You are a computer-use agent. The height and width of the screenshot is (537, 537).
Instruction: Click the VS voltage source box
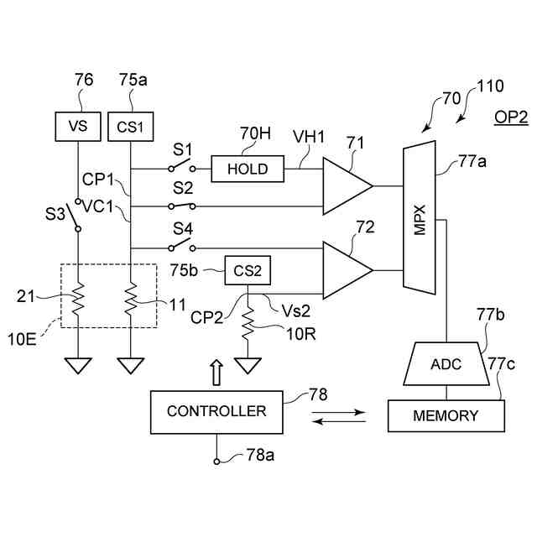(78, 127)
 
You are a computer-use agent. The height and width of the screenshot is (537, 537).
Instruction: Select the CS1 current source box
(131, 127)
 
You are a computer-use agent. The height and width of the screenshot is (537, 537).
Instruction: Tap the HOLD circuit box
(248, 169)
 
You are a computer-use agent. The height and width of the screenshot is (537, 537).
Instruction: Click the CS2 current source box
(248, 270)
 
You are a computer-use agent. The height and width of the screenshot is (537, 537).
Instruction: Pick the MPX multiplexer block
(420, 218)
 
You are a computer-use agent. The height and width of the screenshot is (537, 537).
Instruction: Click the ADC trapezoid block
(446, 363)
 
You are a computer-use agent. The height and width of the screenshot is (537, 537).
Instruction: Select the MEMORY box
(446, 416)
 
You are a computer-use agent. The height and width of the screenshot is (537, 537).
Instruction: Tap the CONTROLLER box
(216, 412)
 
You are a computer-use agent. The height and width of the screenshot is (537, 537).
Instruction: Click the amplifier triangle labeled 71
(347, 186)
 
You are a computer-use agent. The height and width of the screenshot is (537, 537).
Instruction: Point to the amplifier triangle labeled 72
(347, 270)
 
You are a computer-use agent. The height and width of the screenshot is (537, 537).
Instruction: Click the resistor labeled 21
(78, 299)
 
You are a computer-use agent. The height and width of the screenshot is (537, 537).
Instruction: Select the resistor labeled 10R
(248, 323)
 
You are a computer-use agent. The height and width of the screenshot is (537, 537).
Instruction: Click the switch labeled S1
(182, 165)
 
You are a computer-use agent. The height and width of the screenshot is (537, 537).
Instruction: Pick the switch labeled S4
(182, 245)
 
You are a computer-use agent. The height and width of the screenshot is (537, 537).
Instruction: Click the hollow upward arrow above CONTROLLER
(216, 373)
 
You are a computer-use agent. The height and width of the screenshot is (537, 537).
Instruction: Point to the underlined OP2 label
(511, 118)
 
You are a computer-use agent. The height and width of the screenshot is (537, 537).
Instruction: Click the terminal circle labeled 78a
(216, 461)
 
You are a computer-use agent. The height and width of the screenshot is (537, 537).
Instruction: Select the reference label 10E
(22, 339)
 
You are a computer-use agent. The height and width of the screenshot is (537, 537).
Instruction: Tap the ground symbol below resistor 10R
(248, 366)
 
